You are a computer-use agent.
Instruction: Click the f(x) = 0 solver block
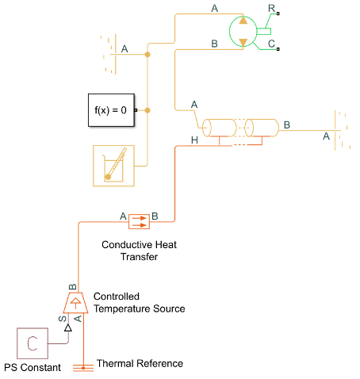[x=111, y=110]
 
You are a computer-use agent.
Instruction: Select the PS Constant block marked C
[x=33, y=343]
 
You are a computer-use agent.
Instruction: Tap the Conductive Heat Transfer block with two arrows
[x=139, y=221]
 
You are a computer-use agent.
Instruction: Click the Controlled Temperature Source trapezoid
[x=75, y=303]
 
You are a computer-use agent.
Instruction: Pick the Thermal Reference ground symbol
[x=83, y=368]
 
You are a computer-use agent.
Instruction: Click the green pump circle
[x=243, y=31]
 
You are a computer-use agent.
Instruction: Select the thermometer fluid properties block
[x=113, y=166]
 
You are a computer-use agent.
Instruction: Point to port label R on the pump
[x=271, y=9]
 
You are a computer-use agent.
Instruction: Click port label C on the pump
[x=271, y=44]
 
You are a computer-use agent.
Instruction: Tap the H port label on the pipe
[x=194, y=140]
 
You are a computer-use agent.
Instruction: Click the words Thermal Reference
[x=140, y=363]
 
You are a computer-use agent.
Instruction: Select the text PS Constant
[x=33, y=367]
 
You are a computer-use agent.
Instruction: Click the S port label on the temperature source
[x=63, y=319]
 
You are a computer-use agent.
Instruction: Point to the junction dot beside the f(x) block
[x=147, y=110]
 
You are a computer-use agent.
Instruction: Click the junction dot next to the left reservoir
[x=147, y=55]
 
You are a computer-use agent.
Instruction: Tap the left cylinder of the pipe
[x=220, y=128]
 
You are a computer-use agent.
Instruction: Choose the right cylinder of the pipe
[x=262, y=128]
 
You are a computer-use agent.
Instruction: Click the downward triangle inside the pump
[x=243, y=42]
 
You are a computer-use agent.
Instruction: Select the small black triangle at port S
[x=68, y=327]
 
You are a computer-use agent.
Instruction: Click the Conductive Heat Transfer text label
[x=140, y=251]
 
